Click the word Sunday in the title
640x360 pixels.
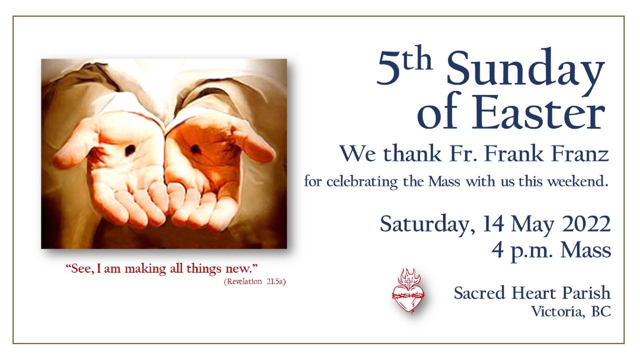[x=526, y=71]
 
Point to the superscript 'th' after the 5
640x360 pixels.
[x=418, y=61]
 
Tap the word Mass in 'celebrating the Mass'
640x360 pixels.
[x=444, y=182]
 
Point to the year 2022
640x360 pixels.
[x=587, y=224]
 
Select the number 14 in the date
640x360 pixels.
[x=493, y=224]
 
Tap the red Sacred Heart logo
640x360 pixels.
[x=408, y=291]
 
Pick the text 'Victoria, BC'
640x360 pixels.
[x=571, y=312]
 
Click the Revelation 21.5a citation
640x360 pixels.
[x=255, y=282]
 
